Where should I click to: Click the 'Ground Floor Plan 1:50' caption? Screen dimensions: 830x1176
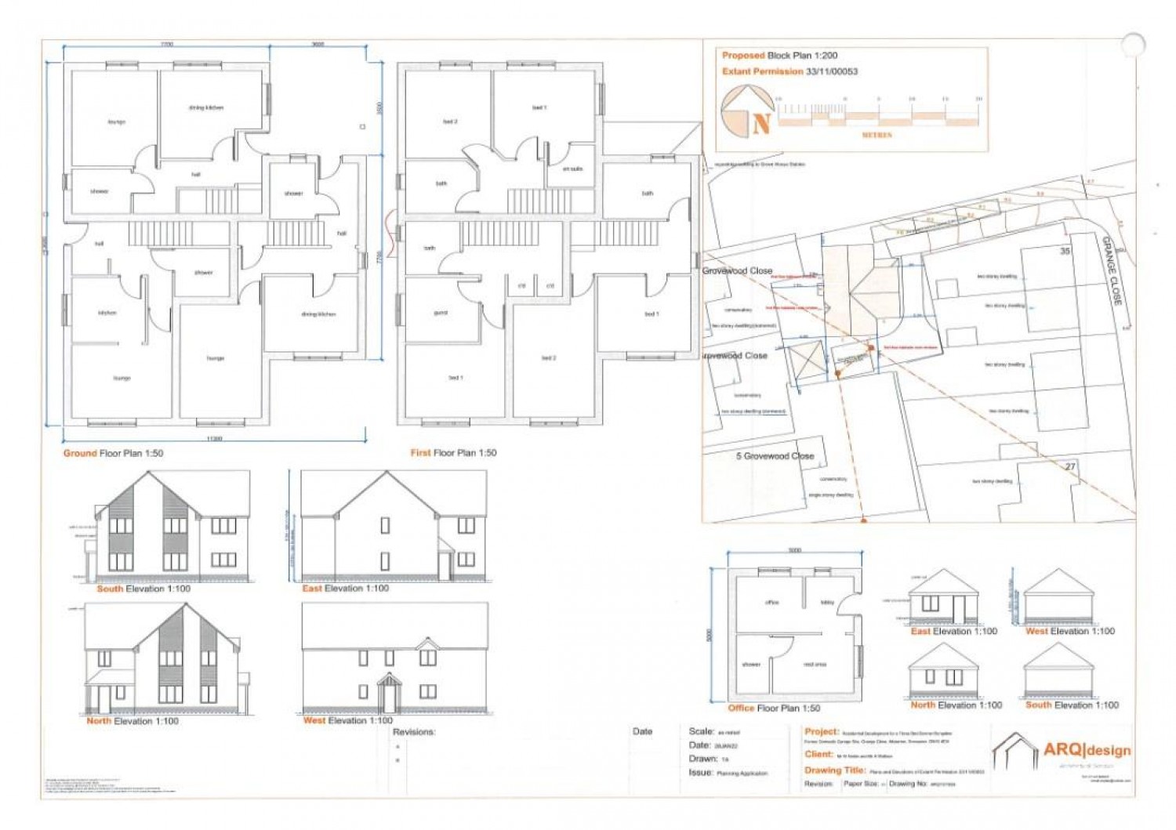[x=114, y=453]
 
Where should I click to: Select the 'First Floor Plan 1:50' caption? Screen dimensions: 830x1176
[x=453, y=452]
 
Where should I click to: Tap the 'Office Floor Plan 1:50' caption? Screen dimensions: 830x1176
[x=774, y=708]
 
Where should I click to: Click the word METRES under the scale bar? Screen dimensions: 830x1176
[x=877, y=135]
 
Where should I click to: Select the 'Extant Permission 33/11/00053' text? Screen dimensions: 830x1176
[x=789, y=71]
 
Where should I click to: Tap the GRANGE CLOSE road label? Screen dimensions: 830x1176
[x=1112, y=270]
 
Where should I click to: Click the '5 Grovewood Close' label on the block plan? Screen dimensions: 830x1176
[x=775, y=455]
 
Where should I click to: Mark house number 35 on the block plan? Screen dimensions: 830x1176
[x=1065, y=251]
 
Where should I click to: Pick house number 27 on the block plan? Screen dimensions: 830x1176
[x=1070, y=466]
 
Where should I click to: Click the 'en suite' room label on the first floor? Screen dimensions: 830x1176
[x=572, y=169]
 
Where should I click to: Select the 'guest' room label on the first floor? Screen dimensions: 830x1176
[x=441, y=312]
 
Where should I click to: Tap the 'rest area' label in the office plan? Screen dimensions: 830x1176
[x=815, y=664]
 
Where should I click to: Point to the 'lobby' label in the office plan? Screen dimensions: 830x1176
[x=827, y=603]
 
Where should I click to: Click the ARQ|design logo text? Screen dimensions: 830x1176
[x=1087, y=750]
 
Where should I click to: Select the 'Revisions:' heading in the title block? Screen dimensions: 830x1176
[x=414, y=731]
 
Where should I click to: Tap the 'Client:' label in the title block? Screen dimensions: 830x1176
[x=818, y=754]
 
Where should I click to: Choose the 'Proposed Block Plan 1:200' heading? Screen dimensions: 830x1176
[x=779, y=56]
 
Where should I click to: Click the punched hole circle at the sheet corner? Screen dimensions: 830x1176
[x=1133, y=44]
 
